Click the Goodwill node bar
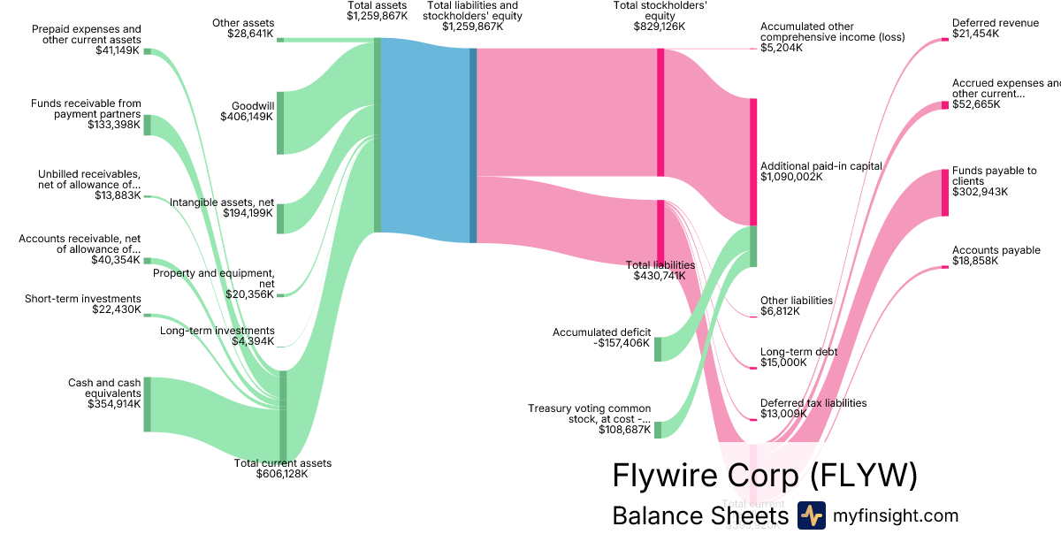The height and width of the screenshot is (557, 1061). pos(280,122)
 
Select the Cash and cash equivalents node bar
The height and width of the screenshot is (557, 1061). pos(147,404)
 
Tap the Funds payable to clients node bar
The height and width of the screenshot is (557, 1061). pos(944,192)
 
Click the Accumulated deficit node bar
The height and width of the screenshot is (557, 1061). pos(658,348)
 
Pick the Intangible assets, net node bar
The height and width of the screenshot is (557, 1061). pos(280,218)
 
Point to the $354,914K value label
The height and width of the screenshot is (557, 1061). pos(114,404)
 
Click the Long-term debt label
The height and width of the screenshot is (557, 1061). pos(798,352)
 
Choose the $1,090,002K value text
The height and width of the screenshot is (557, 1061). pos(791,177)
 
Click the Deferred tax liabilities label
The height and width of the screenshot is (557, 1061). pos(813,403)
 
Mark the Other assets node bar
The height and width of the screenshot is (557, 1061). pos(280,39)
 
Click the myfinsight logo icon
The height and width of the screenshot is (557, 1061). pos(811,515)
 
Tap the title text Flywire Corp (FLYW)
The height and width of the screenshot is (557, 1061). pos(765,476)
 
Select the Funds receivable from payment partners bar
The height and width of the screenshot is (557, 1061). pos(147,125)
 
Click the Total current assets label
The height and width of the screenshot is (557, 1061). pos(282,463)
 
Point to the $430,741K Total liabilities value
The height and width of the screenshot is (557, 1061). pos(660,276)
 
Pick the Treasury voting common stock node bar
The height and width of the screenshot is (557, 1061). pos(658,430)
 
